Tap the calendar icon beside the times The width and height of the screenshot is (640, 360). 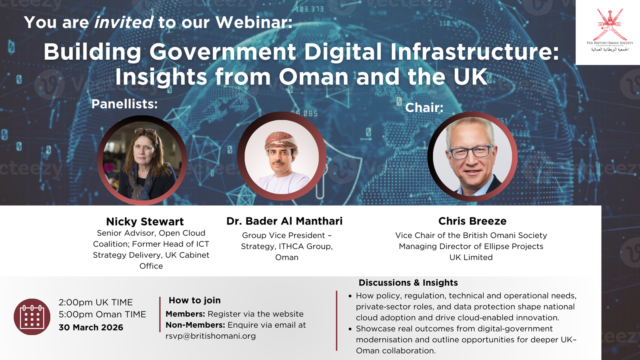coord(32,317)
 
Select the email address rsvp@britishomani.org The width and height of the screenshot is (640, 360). coord(210,336)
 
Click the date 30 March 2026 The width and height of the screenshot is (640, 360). coord(91,327)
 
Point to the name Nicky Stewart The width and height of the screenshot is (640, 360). coord(145,222)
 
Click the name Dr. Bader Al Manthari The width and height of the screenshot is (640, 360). coord(284,221)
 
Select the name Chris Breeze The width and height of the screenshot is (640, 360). coord(472,221)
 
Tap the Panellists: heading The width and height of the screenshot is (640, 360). coord(124,104)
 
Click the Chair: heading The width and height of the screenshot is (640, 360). coord(424,108)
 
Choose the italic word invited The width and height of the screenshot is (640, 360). coord(124,22)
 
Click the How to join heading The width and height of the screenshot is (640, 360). coord(194,300)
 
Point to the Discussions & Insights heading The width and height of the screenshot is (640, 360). coord(408,283)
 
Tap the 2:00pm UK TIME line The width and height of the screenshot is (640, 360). coord(96,302)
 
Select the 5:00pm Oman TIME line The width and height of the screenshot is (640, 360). coord(102,314)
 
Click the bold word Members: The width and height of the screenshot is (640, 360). coord(185,314)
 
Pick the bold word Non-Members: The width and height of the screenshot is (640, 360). coord(195,325)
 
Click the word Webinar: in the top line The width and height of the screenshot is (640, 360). coord(254,22)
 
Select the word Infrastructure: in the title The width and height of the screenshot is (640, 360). coord(474,52)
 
